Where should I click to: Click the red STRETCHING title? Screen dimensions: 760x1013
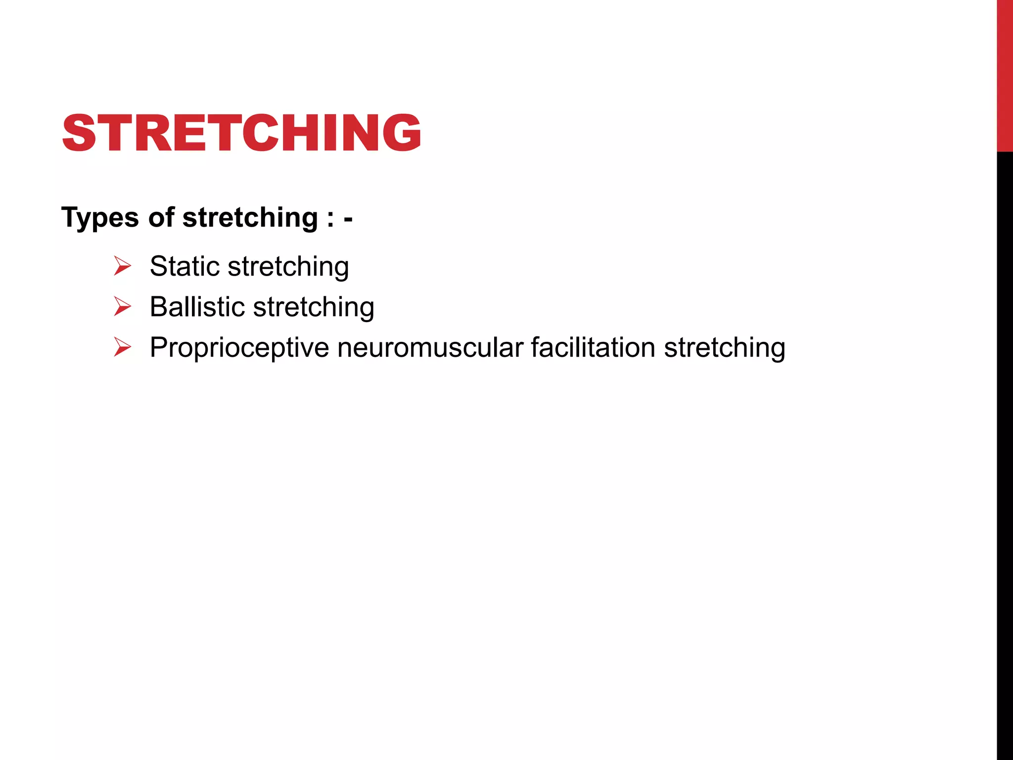(x=241, y=133)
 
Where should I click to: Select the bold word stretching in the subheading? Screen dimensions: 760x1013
(x=250, y=218)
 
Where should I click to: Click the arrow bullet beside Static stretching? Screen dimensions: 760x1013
(x=122, y=266)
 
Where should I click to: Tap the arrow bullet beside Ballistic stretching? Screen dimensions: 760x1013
(x=122, y=307)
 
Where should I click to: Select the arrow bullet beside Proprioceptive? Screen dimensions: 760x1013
(x=122, y=347)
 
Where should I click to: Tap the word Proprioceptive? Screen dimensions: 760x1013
(x=239, y=348)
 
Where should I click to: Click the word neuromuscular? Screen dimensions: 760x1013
(x=430, y=347)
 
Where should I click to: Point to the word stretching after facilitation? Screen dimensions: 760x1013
(x=725, y=348)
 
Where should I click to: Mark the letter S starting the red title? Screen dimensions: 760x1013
(x=79, y=133)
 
